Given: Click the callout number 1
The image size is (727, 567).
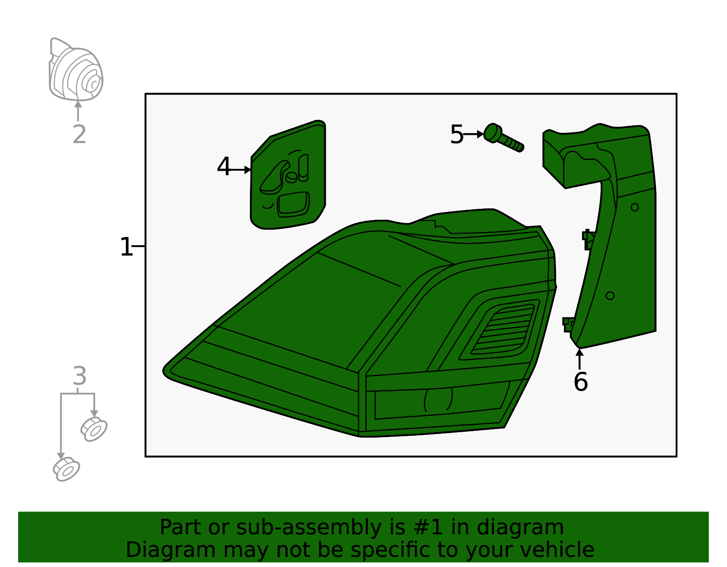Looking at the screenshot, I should click(126, 247).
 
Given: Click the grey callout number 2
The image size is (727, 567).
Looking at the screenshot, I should click(79, 134).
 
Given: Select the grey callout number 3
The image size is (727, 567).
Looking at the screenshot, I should click(80, 376).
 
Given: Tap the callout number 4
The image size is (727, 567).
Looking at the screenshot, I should click(224, 167).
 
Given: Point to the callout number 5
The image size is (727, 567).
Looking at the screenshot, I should click(457, 135).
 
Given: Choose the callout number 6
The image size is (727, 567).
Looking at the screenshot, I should click(580, 382).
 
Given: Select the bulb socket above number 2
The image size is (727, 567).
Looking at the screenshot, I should click(76, 70).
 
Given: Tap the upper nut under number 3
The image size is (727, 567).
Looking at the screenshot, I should click(94, 429).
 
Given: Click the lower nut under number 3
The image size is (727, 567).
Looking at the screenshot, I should click(66, 470).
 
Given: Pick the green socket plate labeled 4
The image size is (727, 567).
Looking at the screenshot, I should click(288, 177).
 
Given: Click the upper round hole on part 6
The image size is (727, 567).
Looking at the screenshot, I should click(635, 207).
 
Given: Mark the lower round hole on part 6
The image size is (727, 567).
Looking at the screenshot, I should click(610, 296).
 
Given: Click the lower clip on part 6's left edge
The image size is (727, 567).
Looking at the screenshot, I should click(568, 324).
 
